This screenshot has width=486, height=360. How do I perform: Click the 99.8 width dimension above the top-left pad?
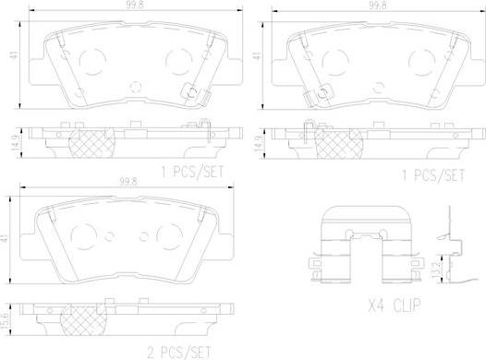point(135,5)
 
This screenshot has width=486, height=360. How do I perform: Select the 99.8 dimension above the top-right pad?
point(378,6)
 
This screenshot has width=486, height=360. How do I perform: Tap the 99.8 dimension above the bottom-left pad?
point(128,182)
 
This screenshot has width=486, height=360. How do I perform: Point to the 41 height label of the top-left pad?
point(15,55)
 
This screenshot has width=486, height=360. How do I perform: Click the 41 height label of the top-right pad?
point(257,55)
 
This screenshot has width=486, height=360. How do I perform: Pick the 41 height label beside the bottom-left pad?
point(6,239)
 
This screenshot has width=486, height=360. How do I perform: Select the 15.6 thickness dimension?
point(6,320)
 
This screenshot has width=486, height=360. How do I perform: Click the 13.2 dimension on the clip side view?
point(435,270)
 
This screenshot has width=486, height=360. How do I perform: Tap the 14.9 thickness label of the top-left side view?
point(15,143)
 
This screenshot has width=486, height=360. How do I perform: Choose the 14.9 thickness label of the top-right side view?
point(257,144)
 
